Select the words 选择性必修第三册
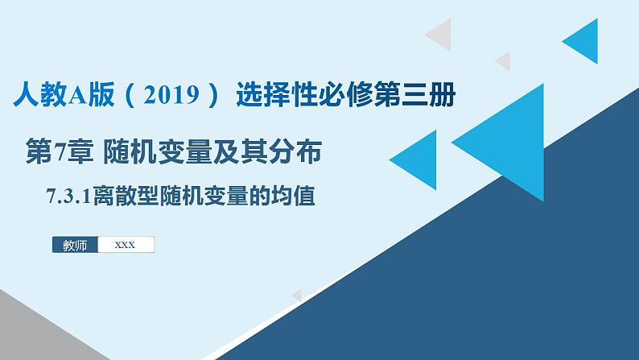[x=346, y=97]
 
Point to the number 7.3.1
[x=69, y=196]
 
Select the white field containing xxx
[x=125, y=246]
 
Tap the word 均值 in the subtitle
[x=295, y=196]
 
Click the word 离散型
[x=132, y=196]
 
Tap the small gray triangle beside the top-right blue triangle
[x=504, y=60]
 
